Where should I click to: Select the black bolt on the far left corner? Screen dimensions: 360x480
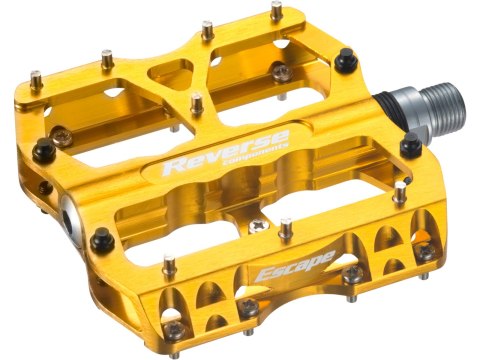click(43, 151)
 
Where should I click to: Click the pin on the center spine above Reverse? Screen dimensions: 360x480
click(197, 103)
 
